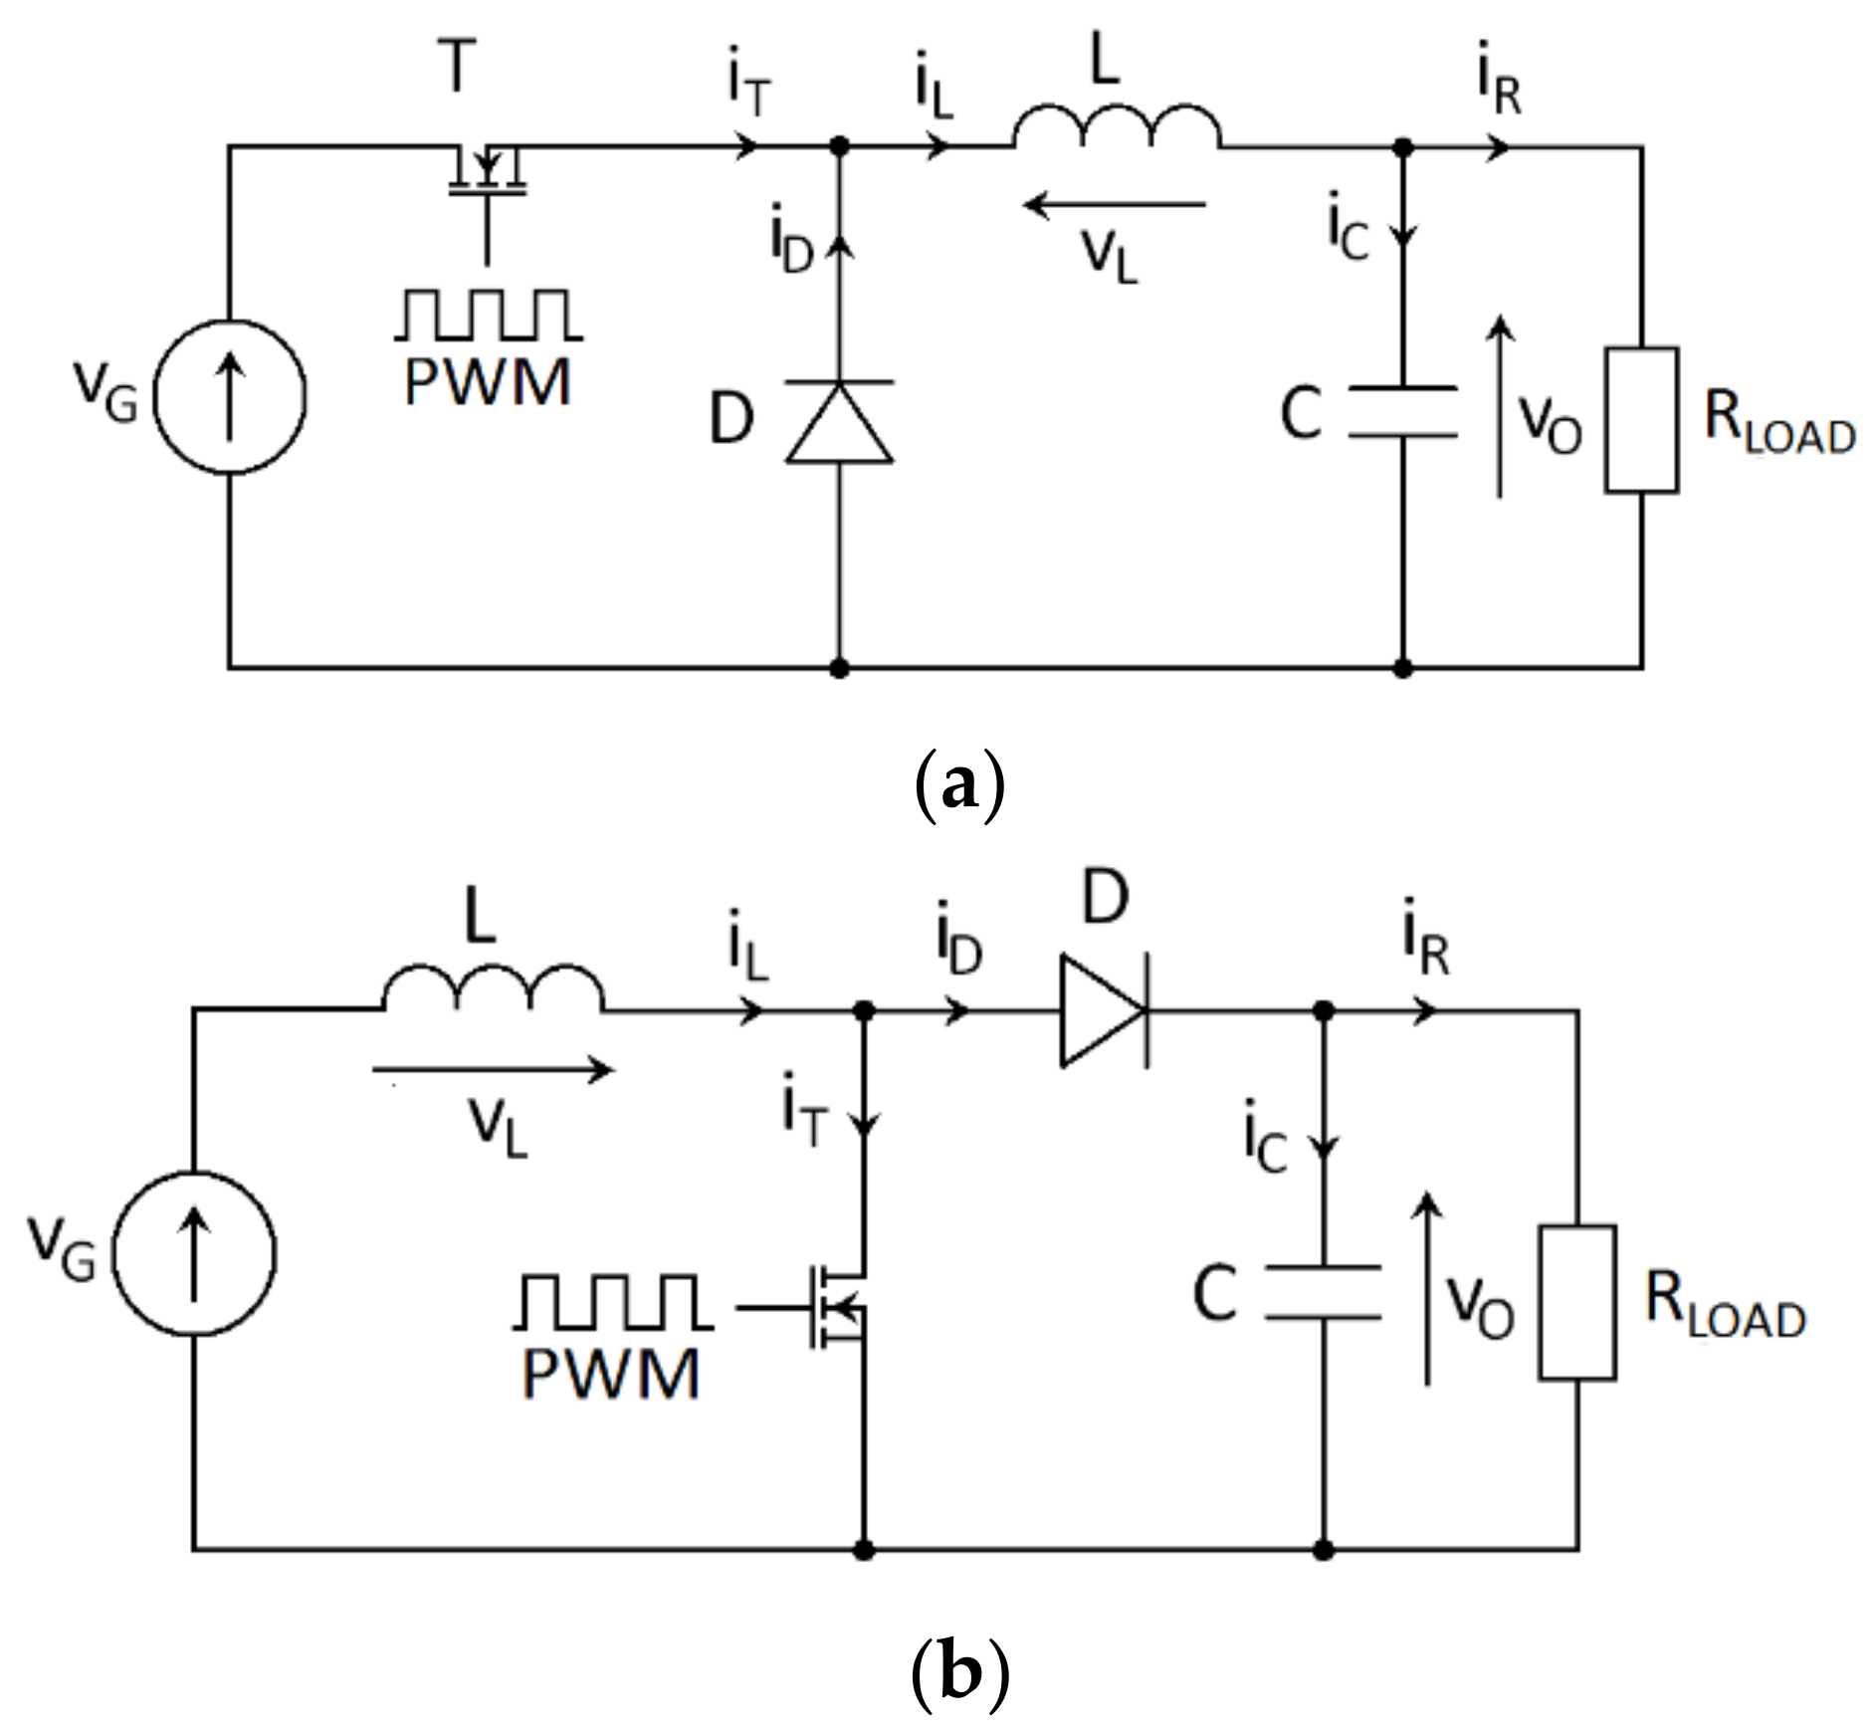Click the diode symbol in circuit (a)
839,422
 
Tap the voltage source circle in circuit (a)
230,396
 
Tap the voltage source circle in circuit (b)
194,1253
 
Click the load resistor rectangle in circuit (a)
1641,419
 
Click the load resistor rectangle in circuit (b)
1576,1302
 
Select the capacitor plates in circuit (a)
1402,412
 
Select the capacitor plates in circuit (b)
1323,1293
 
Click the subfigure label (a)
958,786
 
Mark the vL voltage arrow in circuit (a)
1115,206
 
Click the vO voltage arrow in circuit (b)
1428,1290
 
